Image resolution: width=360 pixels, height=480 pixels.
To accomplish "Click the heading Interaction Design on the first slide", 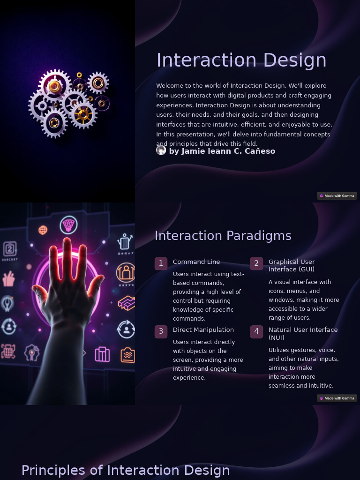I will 241,60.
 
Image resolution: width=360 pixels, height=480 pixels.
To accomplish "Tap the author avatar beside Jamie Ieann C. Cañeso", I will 161,150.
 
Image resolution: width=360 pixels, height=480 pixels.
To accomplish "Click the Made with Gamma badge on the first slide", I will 337,196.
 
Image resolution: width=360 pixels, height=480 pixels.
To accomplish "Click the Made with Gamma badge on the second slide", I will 337,398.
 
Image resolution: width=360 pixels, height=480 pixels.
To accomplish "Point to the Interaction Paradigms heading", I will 223,236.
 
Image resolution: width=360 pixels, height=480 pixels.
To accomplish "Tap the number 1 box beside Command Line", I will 161,263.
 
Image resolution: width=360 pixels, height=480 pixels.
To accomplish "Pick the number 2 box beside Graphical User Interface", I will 256,263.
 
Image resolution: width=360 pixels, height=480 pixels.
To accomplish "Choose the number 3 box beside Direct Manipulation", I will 161,331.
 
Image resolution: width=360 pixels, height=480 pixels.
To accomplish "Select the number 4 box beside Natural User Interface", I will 256,331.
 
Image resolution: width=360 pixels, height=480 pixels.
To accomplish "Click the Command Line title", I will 196,262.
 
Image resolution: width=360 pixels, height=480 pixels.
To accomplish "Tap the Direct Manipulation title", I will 203,330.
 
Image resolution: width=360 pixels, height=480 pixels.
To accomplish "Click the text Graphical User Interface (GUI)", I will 292,265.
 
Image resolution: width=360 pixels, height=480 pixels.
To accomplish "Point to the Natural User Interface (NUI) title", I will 303,333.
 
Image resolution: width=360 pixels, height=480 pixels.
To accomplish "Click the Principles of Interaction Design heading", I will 126,470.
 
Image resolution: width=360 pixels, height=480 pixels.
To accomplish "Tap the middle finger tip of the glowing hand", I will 67,242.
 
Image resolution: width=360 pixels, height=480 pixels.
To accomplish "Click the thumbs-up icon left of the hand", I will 8,279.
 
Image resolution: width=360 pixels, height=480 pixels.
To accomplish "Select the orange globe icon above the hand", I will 43,230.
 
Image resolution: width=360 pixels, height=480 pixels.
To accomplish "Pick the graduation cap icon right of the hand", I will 126,303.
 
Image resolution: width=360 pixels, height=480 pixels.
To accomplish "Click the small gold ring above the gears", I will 79,75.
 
